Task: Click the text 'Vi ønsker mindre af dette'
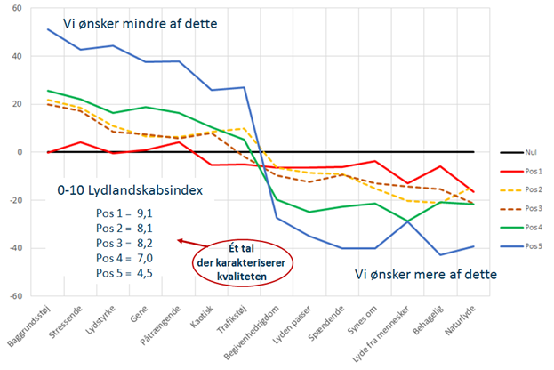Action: pyautogui.click(x=140, y=24)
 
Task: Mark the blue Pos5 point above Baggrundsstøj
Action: pyautogui.click(x=49, y=29)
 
